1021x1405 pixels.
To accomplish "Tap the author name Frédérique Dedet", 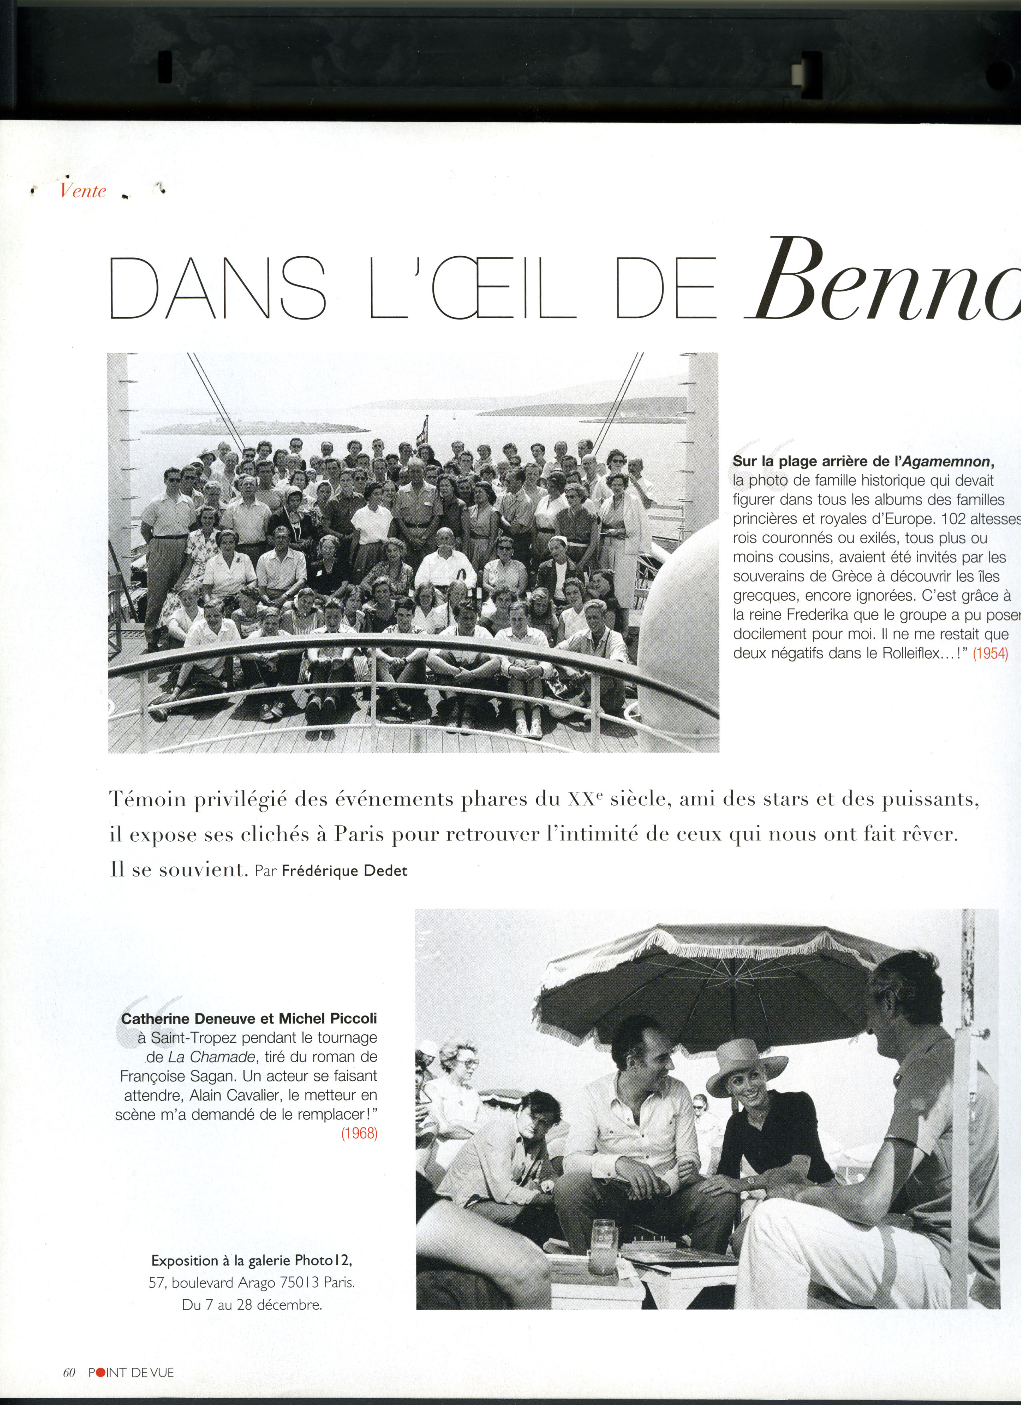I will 345,870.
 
